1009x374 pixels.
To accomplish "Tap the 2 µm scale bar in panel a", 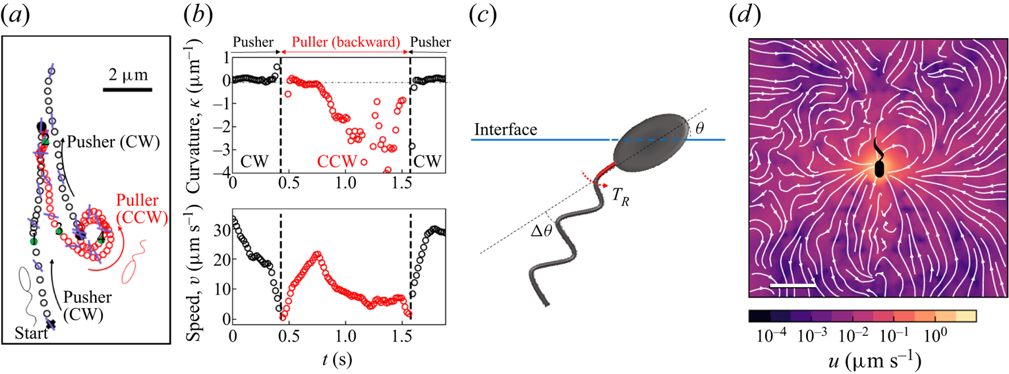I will click(x=128, y=89).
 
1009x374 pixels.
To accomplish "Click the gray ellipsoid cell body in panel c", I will click(x=649, y=148).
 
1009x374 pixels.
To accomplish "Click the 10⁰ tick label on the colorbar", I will click(x=935, y=336).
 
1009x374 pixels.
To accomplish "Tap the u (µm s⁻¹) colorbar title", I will click(x=863, y=361).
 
